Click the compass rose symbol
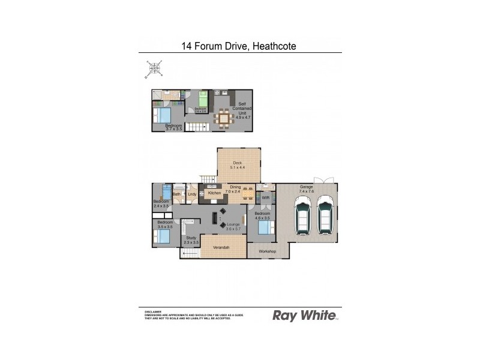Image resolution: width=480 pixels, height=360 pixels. [x=155, y=68]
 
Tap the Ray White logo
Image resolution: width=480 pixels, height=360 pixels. [x=304, y=316]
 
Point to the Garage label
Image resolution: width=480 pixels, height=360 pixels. [x=307, y=188]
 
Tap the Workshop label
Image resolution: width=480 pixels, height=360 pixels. [x=267, y=251]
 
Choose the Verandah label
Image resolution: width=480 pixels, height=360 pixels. [x=223, y=247]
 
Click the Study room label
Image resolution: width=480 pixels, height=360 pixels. [x=191, y=238]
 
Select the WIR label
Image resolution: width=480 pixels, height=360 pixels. [x=266, y=198]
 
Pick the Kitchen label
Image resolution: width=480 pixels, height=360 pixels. [x=215, y=193]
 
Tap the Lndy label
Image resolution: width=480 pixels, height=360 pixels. [x=192, y=194]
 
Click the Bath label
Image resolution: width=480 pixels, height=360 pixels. [x=177, y=194]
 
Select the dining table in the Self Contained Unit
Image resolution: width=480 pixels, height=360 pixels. [x=224, y=118]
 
